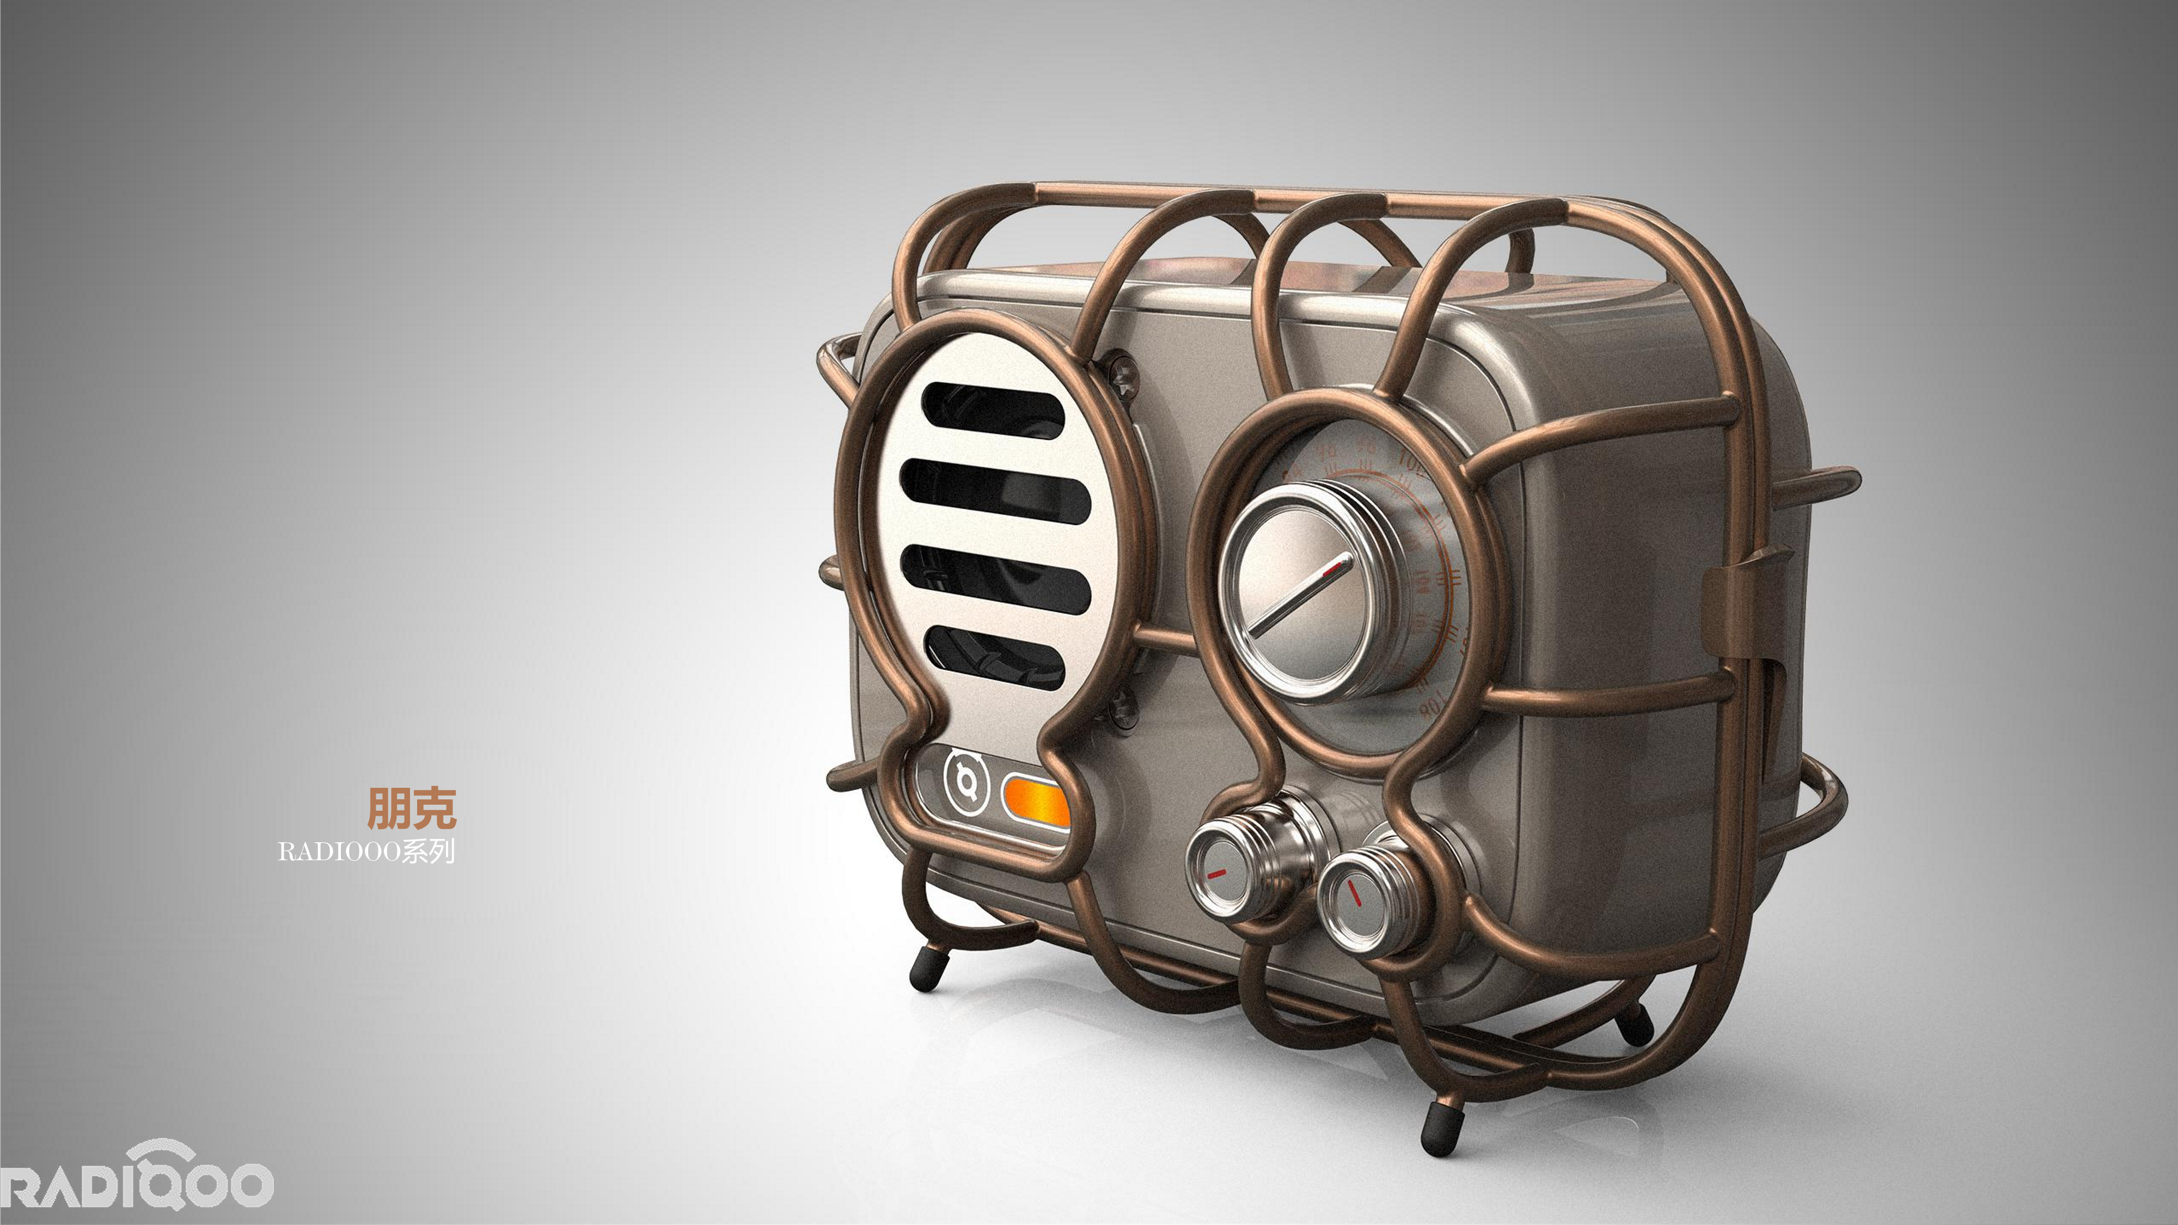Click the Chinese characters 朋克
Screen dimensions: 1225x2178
(x=412, y=808)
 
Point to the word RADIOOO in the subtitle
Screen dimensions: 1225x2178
(x=338, y=852)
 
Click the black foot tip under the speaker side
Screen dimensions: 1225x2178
(x=927, y=973)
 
